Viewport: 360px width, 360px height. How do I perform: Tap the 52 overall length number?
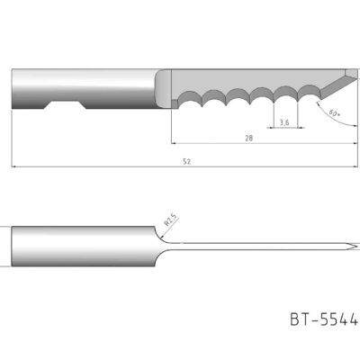point(185,161)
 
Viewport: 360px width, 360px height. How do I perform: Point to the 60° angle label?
point(334,114)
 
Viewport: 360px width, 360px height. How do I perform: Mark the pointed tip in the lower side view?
point(348,246)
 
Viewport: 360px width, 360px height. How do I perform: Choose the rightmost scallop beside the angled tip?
point(307,93)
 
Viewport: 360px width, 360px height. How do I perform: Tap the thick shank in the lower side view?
point(81,246)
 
